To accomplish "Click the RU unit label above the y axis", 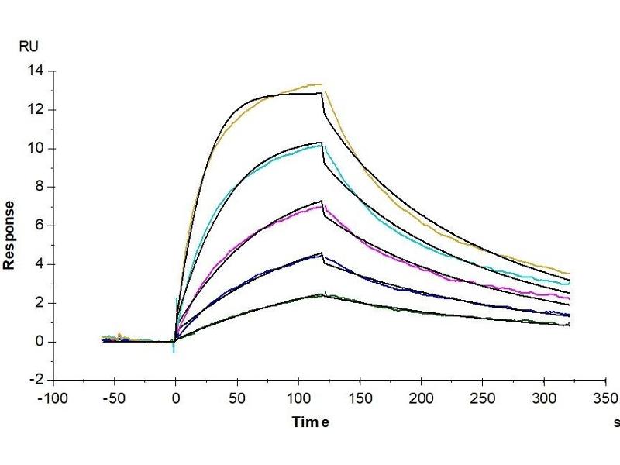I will coord(28,46).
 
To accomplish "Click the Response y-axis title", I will coord(10,235).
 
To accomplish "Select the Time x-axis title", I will coord(310,422).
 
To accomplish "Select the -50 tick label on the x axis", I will coord(115,399).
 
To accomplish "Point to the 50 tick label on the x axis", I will coord(237,399).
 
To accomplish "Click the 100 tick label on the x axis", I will coord(298,399).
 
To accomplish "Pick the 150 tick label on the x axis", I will coord(360,399).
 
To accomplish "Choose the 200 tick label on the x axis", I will coord(421,399).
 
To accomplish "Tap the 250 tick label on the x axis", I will coord(482,399).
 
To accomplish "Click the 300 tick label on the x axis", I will coord(543,399).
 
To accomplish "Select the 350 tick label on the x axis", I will coord(604,399).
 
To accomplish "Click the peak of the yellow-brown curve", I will coord(320,84).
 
